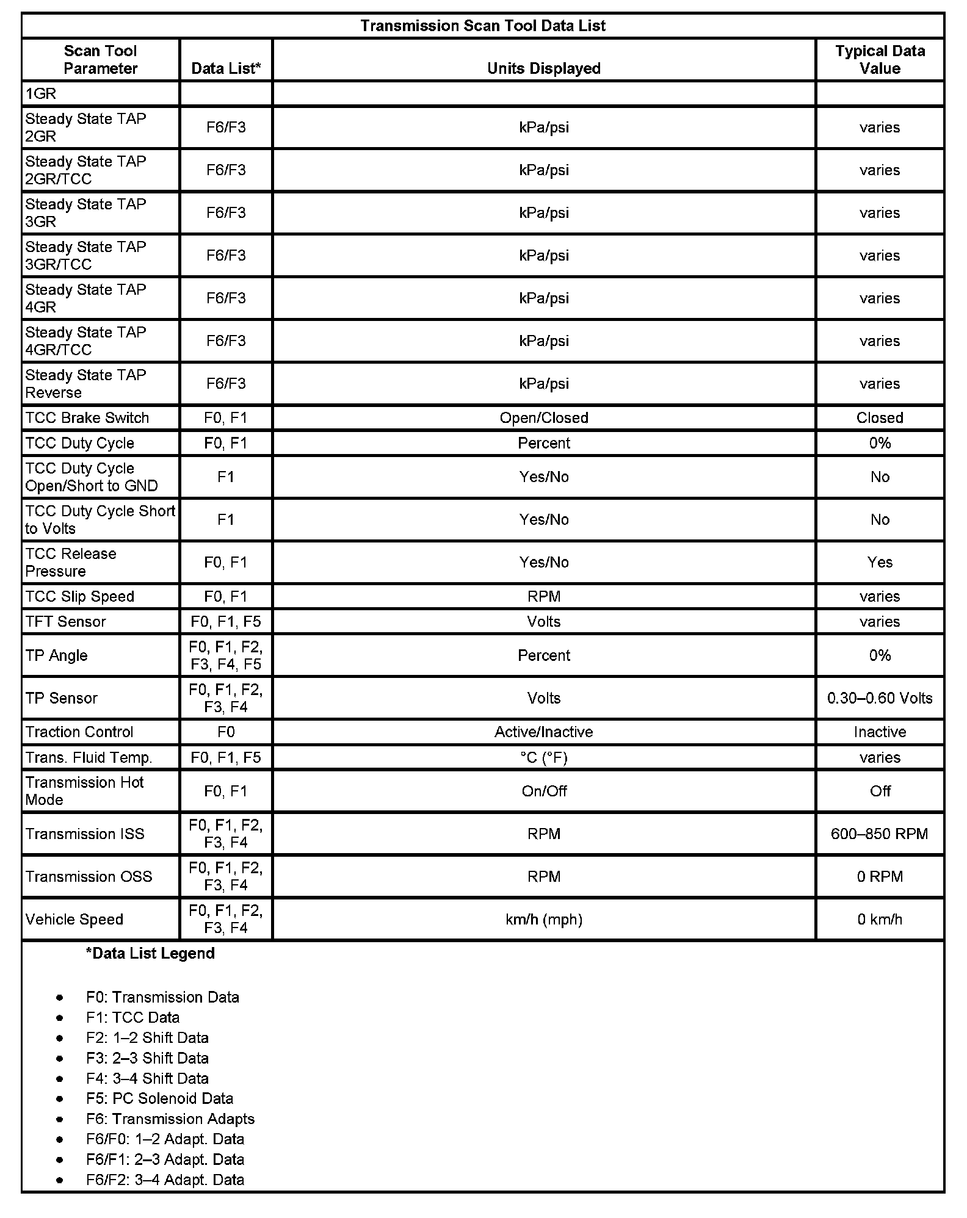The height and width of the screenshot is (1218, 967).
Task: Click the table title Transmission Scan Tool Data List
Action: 483,26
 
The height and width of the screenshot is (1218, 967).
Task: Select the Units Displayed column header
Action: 543,68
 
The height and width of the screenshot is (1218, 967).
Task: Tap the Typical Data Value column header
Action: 880,60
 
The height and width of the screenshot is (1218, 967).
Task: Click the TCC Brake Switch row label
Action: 87,418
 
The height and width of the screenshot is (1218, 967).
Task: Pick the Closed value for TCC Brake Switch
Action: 880,418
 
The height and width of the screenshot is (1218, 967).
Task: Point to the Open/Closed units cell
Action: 543,418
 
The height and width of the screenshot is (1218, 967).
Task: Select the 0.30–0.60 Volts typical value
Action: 880,698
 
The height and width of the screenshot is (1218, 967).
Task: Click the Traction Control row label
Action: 79,732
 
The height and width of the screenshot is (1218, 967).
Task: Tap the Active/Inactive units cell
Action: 543,732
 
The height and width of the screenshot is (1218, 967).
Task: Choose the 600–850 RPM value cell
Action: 880,834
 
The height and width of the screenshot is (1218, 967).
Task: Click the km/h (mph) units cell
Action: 543,919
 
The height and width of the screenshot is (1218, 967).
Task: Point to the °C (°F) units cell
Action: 543,757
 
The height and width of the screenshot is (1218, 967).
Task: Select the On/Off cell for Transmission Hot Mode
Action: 543,791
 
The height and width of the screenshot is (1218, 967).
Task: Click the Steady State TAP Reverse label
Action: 85,384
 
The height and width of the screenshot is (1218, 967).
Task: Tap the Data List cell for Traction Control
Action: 226,732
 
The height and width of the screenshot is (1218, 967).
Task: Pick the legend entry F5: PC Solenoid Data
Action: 159,1098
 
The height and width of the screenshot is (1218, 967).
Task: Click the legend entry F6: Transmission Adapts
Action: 170,1119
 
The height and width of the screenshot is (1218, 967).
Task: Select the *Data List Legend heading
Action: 150,953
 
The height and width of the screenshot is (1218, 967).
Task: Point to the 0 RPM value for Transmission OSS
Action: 880,876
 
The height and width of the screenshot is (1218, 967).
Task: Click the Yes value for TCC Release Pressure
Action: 880,562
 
